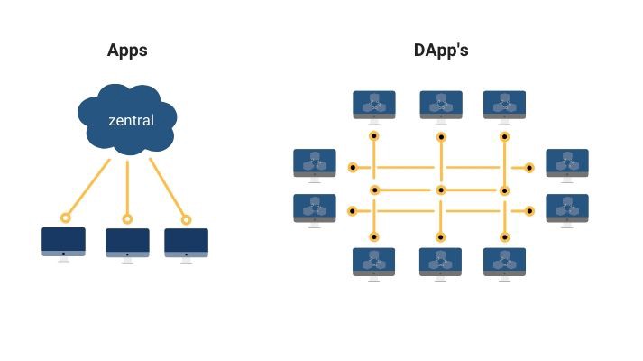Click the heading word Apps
(127, 51)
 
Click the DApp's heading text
(441, 51)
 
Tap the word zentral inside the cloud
(131, 120)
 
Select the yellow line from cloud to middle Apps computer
(127, 188)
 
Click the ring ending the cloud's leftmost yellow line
(65, 218)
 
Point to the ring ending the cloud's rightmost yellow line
(187, 219)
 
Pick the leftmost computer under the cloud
(63, 243)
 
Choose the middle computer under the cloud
(127, 244)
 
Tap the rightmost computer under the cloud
(187, 244)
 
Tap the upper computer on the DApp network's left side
(315, 164)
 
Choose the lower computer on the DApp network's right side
(567, 209)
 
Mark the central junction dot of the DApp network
(441, 190)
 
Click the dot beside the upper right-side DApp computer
(529, 168)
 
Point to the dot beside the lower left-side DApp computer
(353, 211)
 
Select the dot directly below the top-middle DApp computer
(441, 137)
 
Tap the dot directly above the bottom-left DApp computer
(374, 237)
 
